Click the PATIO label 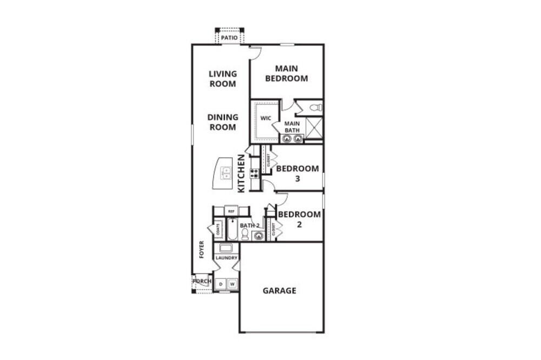(229, 38)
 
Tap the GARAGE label (279, 290)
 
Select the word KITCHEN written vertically (242, 174)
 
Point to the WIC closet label (265, 118)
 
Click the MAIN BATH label (292, 126)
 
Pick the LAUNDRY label (226, 258)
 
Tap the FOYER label (201, 249)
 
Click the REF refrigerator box (231, 211)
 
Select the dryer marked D (221, 284)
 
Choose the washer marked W (232, 284)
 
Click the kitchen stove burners (254, 174)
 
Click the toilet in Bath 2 (245, 234)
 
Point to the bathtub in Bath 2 (231, 229)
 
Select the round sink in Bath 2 (258, 235)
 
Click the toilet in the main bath (318, 108)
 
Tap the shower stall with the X (314, 128)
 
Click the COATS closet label (219, 229)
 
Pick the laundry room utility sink (226, 248)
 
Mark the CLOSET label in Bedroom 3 (267, 161)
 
